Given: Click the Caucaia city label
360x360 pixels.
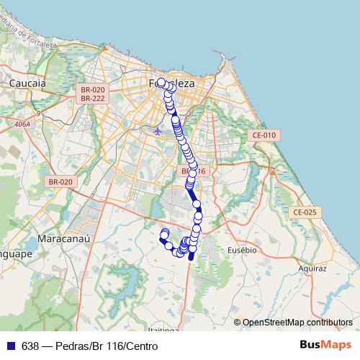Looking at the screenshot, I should (x=27, y=84).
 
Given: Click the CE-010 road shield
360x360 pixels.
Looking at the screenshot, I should (x=263, y=135).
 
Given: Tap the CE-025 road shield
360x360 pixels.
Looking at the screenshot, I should (x=305, y=212).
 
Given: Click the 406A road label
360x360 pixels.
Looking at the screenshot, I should (x=23, y=125).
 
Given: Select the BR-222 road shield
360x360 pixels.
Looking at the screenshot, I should (x=94, y=98).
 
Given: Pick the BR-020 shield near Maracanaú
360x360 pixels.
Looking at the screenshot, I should (x=60, y=182).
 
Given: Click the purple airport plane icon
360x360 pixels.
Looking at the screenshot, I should (x=158, y=130).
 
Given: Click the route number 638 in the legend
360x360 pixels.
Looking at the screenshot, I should (x=30, y=346).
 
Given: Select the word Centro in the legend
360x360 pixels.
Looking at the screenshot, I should (x=142, y=346).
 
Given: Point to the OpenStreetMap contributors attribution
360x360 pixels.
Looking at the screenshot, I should (x=297, y=323).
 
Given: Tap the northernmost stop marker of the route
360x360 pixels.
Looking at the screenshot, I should (x=161, y=82).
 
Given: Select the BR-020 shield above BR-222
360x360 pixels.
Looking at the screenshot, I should (x=94, y=89).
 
